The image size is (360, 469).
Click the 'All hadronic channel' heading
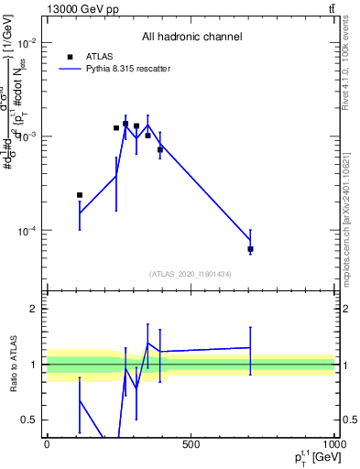pyautogui.click(x=191, y=37)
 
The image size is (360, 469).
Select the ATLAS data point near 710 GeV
pyautogui.click(x=250, y=249)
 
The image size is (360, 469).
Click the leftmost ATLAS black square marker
pyautogui.click(x=80, y=195)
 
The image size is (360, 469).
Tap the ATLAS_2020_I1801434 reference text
pyautogui.click(x=191, y=274)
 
